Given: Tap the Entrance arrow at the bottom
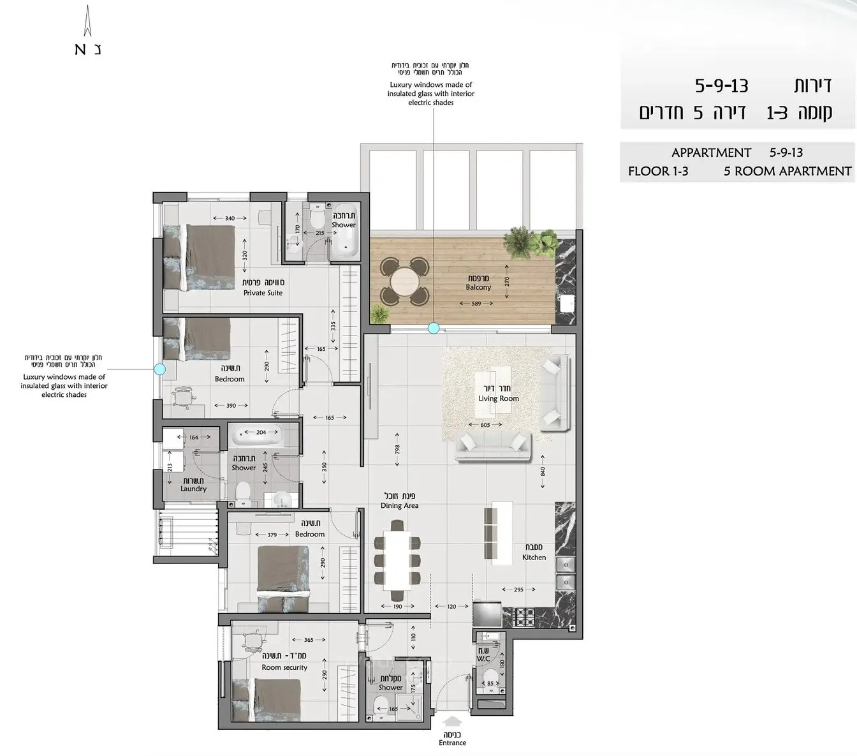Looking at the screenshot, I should [452, 722].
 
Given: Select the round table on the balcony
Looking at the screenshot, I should [404, 281].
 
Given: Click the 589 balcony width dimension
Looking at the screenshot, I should [476, 304].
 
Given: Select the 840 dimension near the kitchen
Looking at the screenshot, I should [543, 471].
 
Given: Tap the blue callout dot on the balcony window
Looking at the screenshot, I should [434, 329].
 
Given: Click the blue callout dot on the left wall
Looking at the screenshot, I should [160, 369].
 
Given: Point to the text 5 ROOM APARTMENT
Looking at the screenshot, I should [787, 171].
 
